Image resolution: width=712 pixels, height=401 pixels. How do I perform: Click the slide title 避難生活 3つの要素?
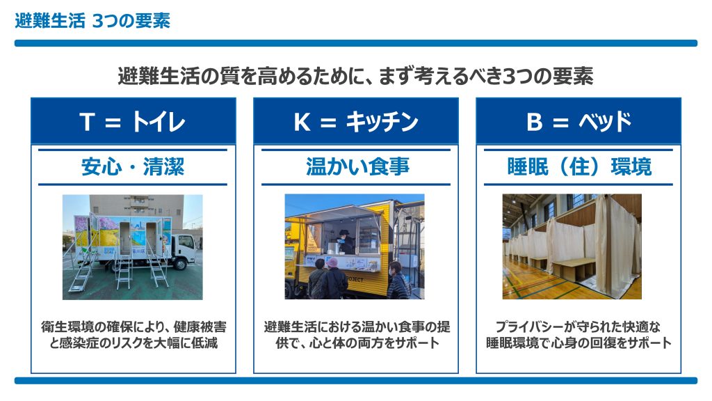point(92,21)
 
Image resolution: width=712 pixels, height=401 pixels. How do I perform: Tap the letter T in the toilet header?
point(87,122)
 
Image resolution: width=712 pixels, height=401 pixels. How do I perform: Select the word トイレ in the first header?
point(159,122)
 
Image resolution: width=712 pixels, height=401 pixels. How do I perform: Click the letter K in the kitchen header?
point(302,122)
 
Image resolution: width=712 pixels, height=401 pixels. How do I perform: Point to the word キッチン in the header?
point(382,122)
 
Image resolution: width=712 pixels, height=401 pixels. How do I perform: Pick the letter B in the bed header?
point(535,122)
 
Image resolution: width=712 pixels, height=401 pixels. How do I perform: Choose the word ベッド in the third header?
point(605,122)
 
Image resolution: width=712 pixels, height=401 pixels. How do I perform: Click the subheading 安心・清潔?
point(133,167)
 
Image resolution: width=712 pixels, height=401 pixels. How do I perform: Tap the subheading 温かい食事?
point(357,167)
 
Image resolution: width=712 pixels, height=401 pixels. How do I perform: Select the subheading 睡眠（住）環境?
point(579,167)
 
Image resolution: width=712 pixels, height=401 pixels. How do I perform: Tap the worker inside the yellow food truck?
point(345,241)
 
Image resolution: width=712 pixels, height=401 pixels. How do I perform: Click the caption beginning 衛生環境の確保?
point(133,335)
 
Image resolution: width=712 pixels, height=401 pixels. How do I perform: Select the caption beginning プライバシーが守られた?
point(578,335)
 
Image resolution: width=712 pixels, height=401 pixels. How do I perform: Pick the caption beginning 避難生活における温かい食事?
point(357,335)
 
